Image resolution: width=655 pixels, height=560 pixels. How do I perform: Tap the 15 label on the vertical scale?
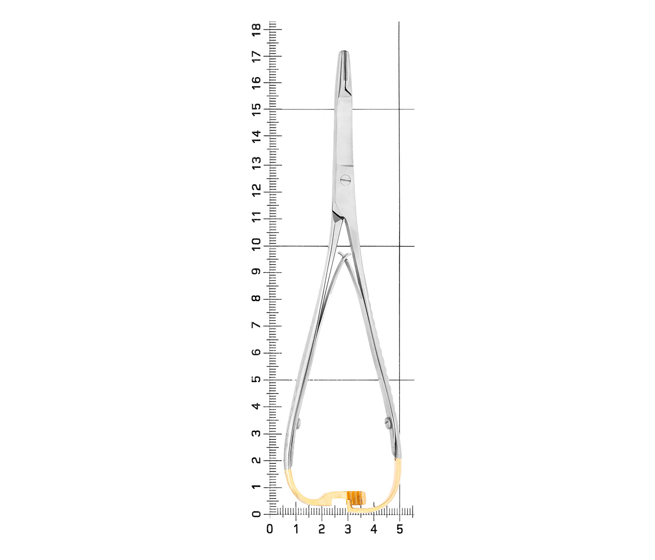tap(256, 109)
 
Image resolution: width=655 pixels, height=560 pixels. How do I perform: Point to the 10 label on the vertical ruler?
tap(256, 245)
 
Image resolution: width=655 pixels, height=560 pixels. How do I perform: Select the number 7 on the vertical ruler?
tap(256, 326)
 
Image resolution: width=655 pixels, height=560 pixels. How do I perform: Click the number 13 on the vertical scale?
tap(256, 163)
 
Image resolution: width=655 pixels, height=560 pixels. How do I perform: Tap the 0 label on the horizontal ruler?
tap(270, 529)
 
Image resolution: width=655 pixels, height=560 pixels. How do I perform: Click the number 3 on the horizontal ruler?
tap(348, 529)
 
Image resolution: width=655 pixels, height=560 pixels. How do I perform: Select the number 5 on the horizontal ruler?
tap(400, 529)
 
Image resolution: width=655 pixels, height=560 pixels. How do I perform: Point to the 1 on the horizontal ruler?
tap(296, 529)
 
